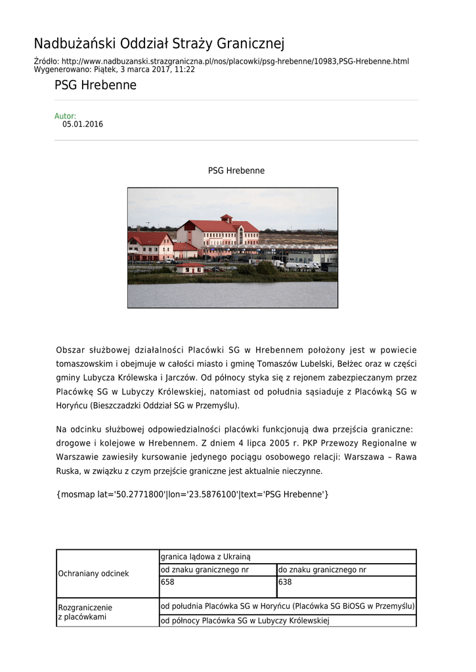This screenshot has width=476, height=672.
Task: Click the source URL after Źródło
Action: point(235,61)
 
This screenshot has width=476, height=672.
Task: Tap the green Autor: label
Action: point(65,116)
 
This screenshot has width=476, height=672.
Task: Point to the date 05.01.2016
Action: point(83,124)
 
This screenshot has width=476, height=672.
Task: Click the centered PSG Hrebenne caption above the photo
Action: point(236,171)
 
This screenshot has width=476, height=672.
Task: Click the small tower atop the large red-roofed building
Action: point(226,219)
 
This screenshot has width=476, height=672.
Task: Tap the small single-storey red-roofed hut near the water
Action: point(190,268)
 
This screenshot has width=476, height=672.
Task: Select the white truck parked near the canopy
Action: point(278,263)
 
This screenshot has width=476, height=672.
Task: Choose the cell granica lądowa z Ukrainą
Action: point(288,556)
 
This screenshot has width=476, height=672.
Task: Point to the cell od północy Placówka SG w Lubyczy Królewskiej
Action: point(288,620)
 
